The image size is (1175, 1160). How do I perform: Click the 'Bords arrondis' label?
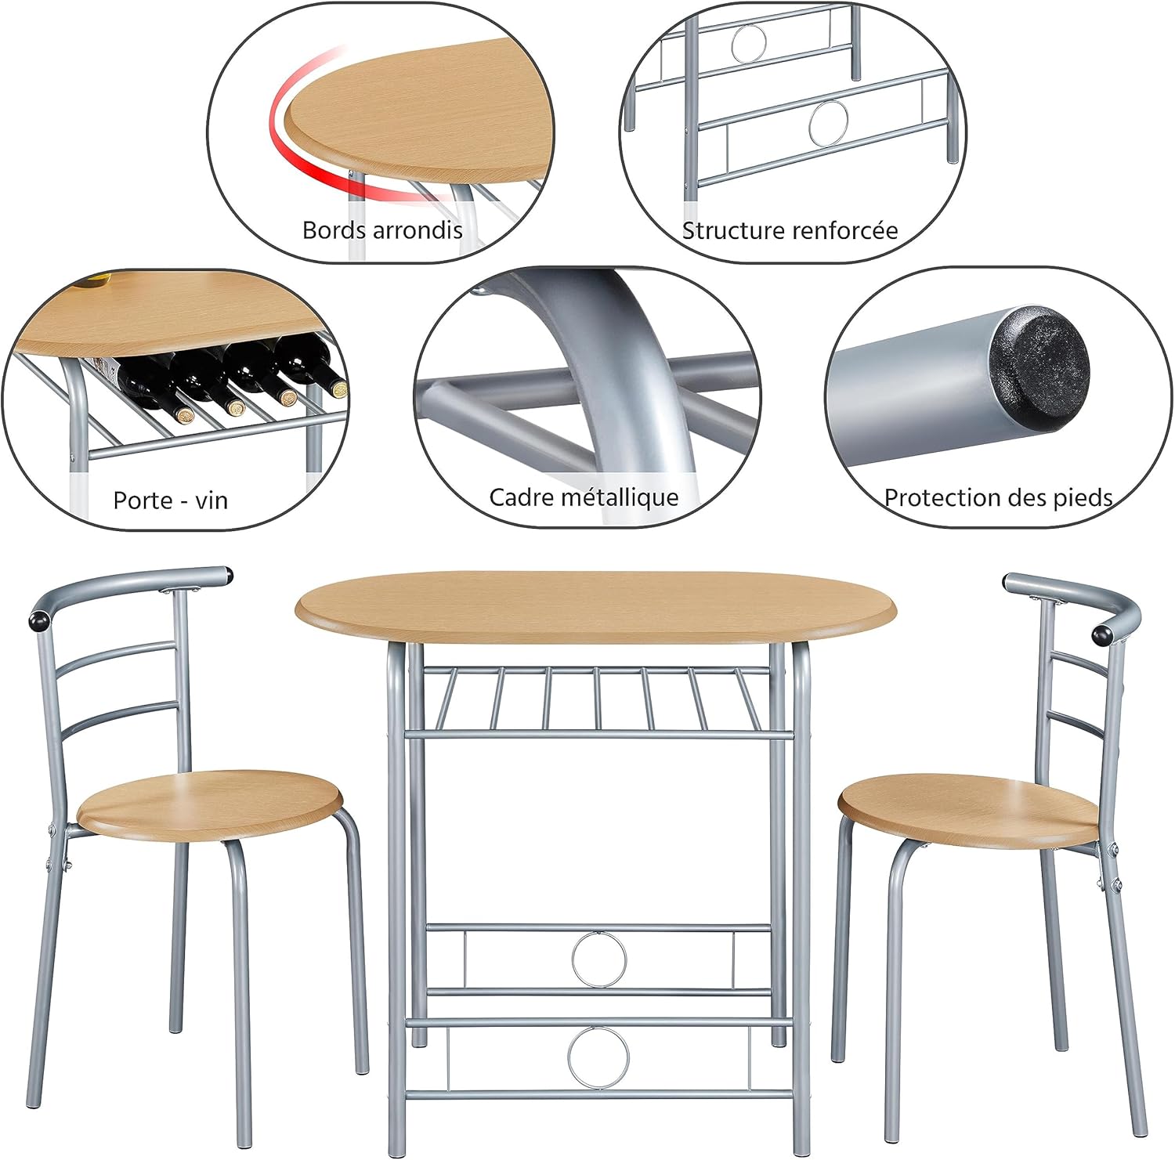(x=382, y=230)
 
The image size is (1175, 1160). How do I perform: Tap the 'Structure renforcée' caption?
(x=790, y=231)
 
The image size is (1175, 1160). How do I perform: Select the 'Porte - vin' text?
(x=170, y=500)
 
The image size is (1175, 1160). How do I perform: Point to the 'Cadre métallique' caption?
(x=584, y=497)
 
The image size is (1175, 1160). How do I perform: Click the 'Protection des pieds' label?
(x=998, y=497)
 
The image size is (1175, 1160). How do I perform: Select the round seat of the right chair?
(x=969, y=807)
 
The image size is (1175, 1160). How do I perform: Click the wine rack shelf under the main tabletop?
(x=595, y=701)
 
